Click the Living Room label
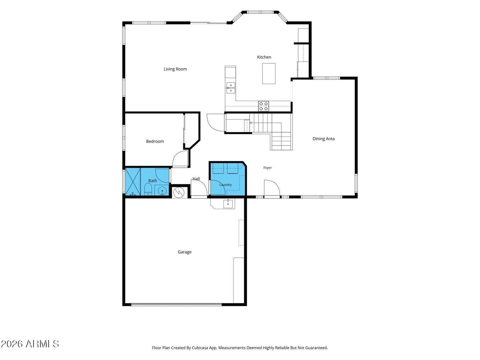(175, 69)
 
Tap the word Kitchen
(264, 57)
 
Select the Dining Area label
(323, 139)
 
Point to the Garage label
(184, 252)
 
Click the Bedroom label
(155, 141)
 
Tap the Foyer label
(267, 168)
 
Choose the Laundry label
(226, 185)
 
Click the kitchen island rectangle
(269, 74)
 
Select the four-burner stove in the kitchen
(263, 106)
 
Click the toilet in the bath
(148, 189)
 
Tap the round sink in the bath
(162, 191)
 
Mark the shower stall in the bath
(133, 181)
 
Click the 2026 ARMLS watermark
(30, 344)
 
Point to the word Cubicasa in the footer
(200, 348)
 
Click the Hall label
(196, 179)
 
